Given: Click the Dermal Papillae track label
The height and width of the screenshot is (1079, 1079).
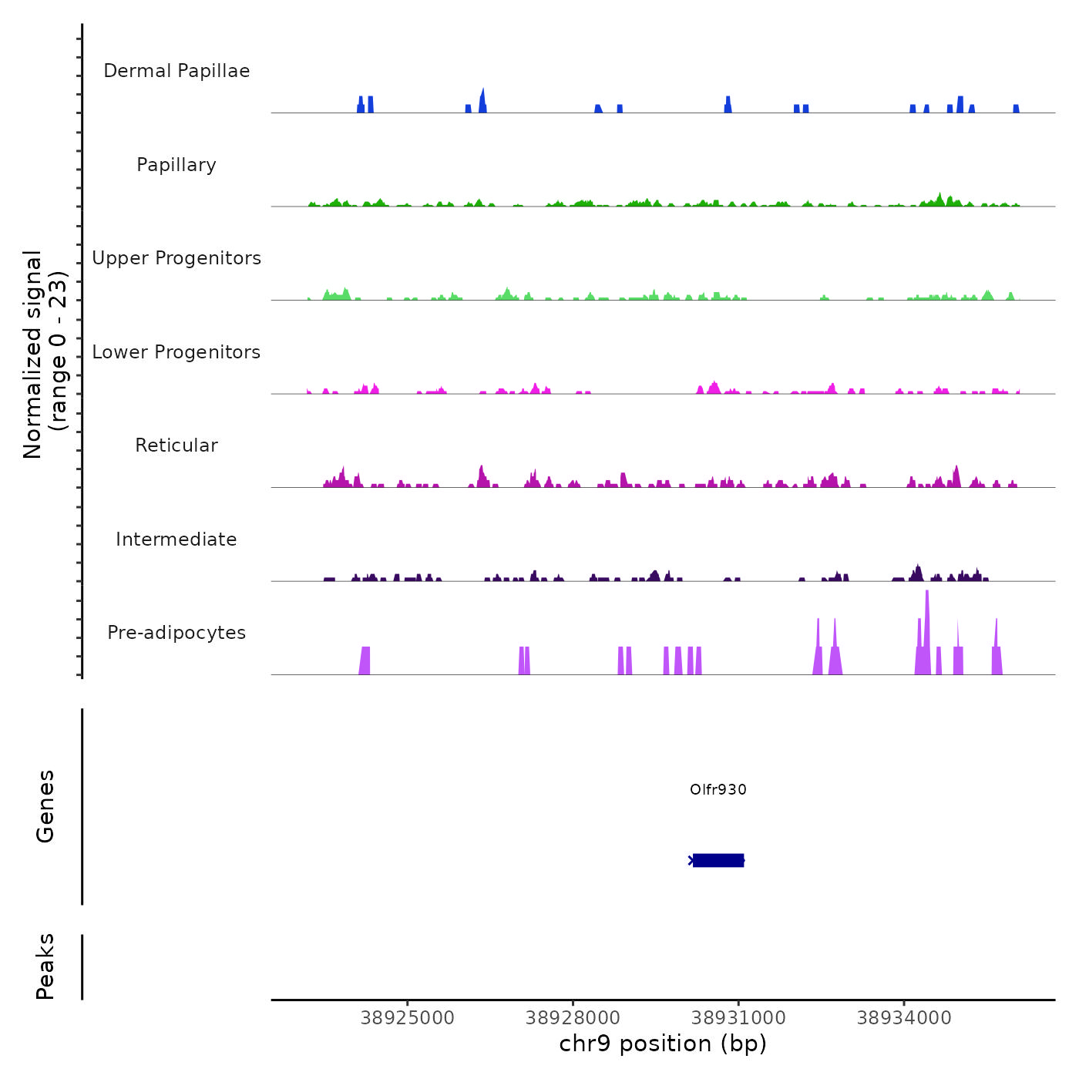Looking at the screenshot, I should pyautogui.click(x=176, y=71).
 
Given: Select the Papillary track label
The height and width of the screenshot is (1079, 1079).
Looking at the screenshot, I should pyautogui.click(x=176, y=165).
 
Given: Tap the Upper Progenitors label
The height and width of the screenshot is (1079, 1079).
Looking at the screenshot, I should pyautogui.click(x=176, y=258).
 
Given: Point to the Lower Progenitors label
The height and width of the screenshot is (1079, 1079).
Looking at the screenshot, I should pyautogui.click(x=176, y=352).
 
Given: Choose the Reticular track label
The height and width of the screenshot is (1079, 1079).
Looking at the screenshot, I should pyautogui.click(x=176, y=445).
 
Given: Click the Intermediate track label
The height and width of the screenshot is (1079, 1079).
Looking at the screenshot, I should pyautogui.click(x=176, y=539).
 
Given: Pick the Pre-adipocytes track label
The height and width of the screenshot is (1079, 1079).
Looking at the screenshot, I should pyautogui.click(x=176, y=633).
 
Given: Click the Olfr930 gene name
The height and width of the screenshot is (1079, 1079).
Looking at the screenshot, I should pyautogui.click(x=718, y=789).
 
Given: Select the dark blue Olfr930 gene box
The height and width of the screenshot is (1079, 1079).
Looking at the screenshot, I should pyautogui.click(x=718, y=860).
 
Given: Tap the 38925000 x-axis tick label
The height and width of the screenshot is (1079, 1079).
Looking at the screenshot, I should pyautogui.click(x=408, y=1018).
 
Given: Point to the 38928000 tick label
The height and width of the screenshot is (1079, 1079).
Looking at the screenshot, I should pyautogui.click(x=573, y=1018).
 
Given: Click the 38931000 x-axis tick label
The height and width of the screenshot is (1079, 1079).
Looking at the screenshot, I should pyautogui.click(x=738, y=1018).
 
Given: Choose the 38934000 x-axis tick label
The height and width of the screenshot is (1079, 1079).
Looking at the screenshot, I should pyautogui.click(x=904, y=1018).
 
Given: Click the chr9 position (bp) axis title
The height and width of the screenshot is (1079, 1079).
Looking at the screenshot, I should pyautogui.click(x=663, y=1044).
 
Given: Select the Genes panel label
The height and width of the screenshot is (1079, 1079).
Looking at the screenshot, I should pyautogui.click(x=45, y=806).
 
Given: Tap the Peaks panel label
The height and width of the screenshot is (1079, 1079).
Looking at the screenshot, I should pyautogui.click(x=45, y=966).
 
